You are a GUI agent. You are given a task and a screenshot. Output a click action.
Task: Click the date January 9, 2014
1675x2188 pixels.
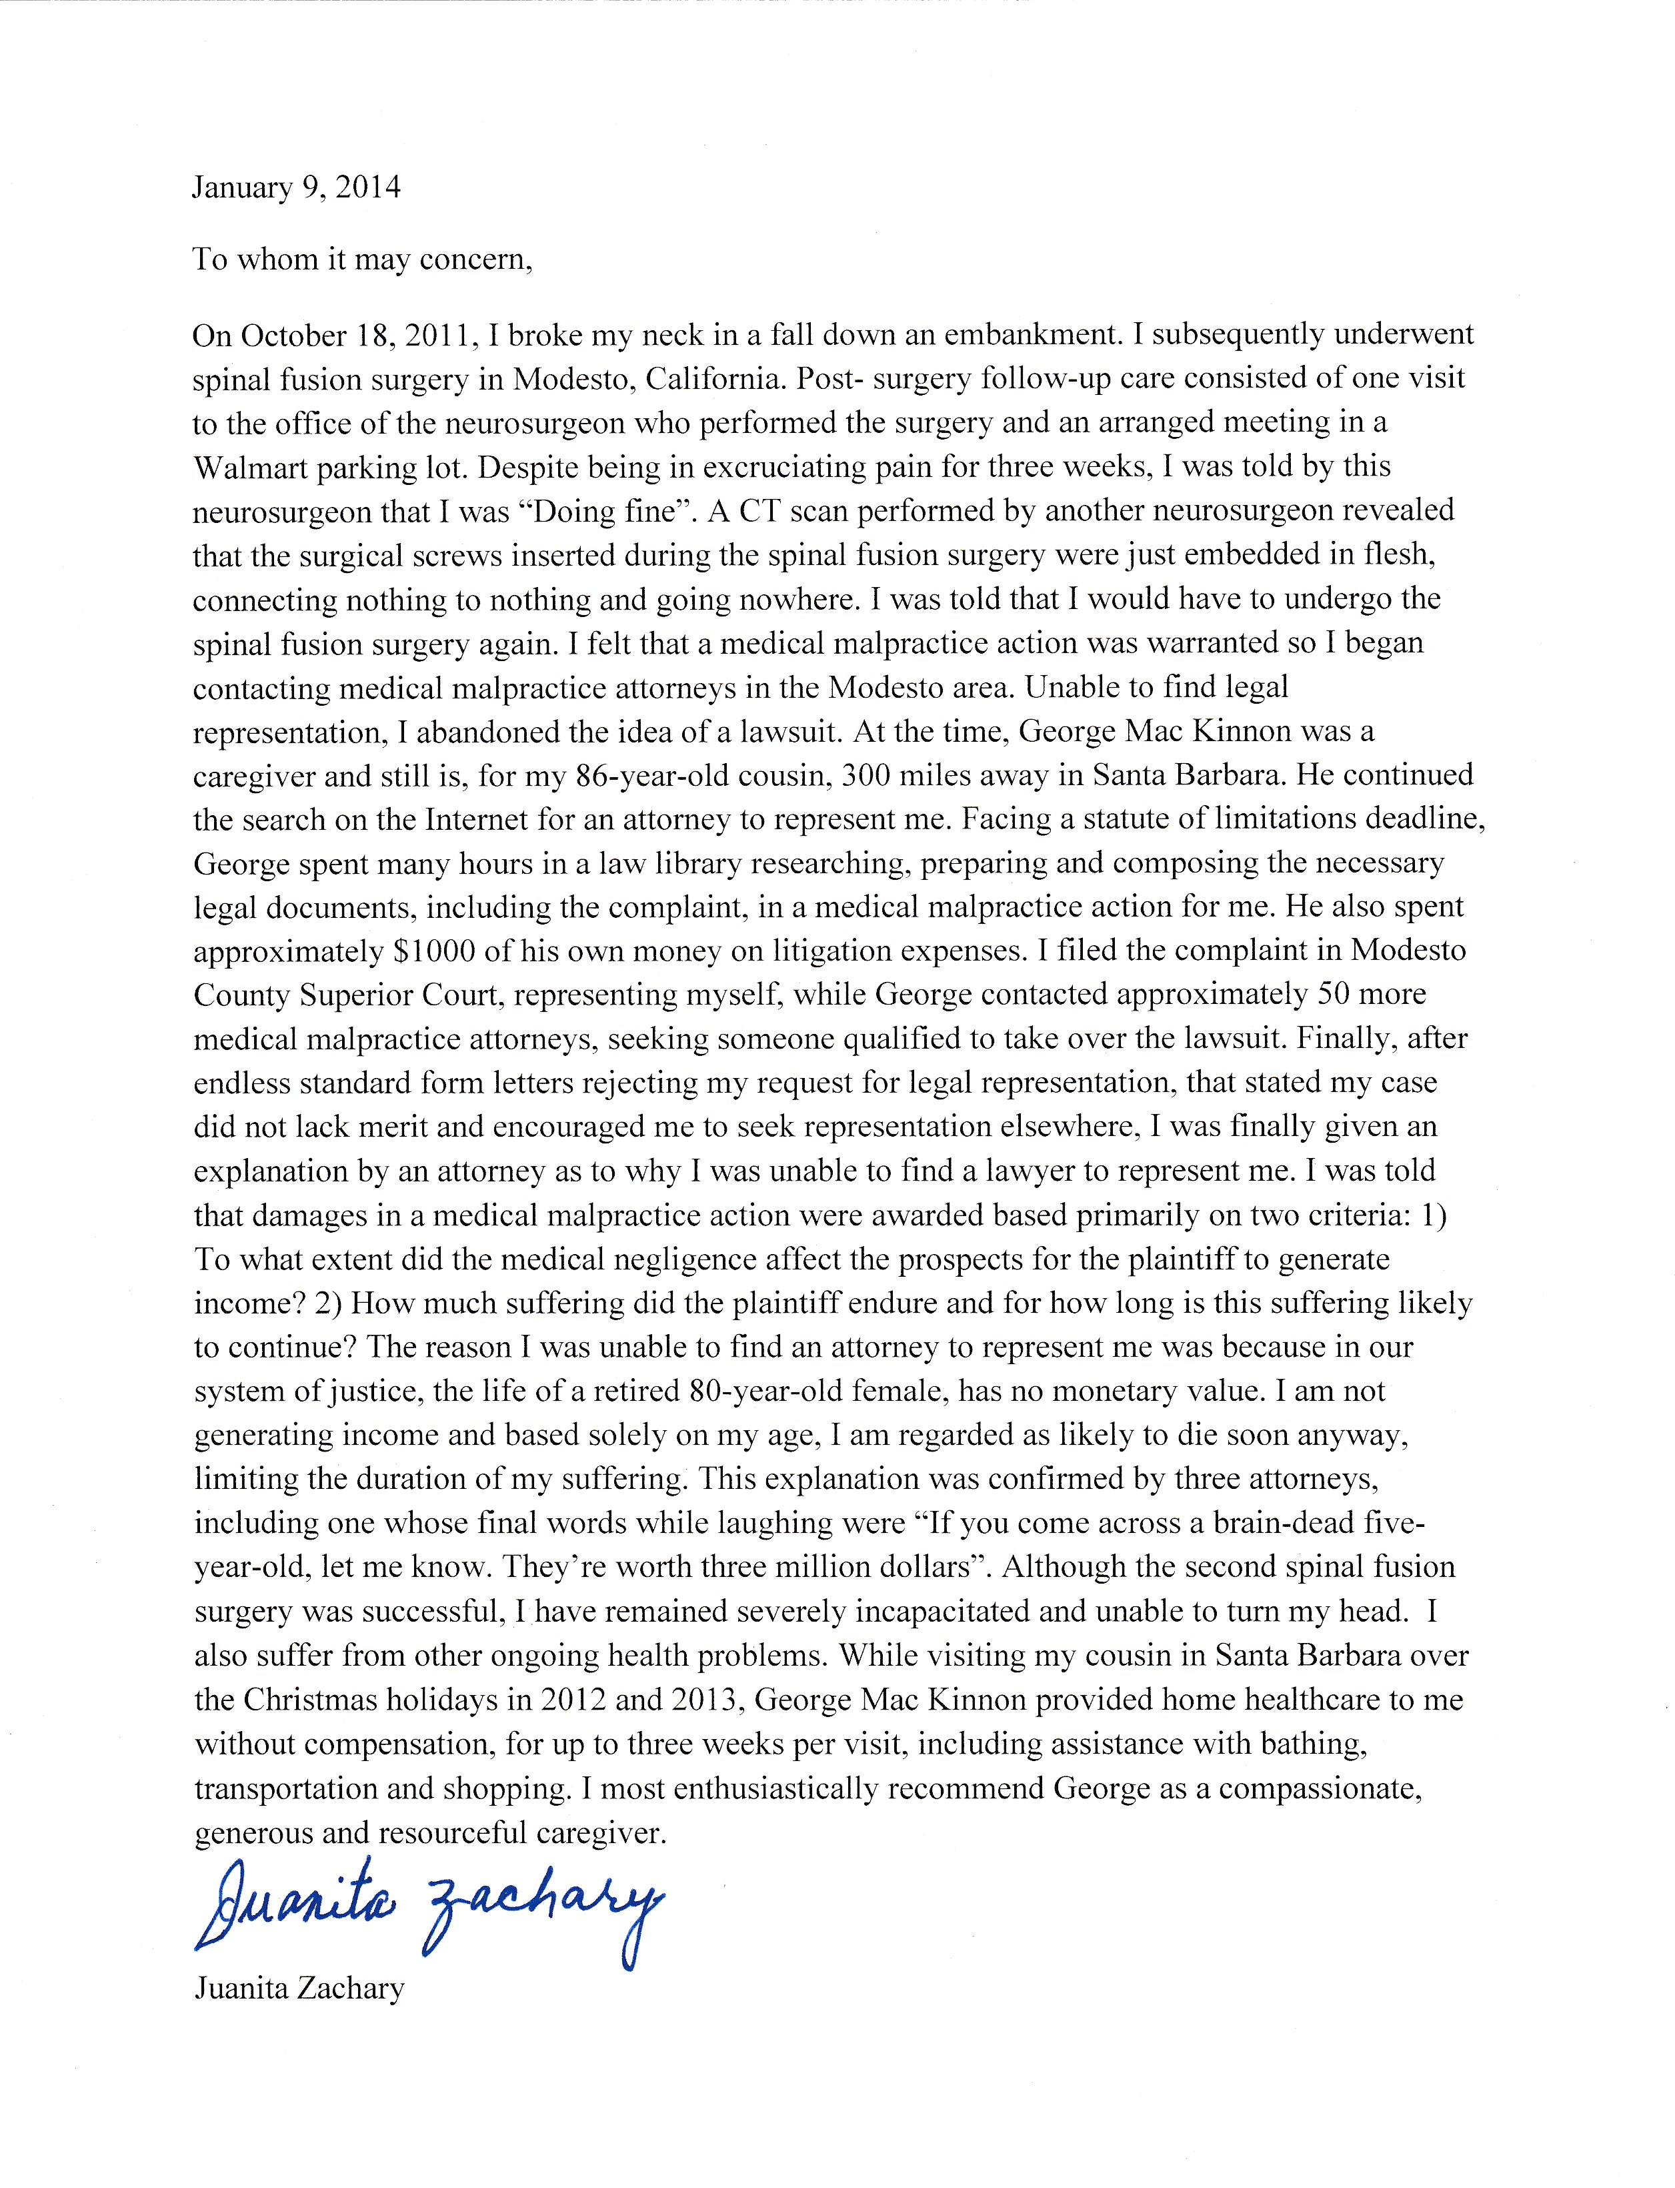pyautogui.click(x=296, y=187)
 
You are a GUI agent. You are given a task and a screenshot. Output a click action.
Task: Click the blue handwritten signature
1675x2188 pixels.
pyautogui.click(x=429, y=1910)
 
